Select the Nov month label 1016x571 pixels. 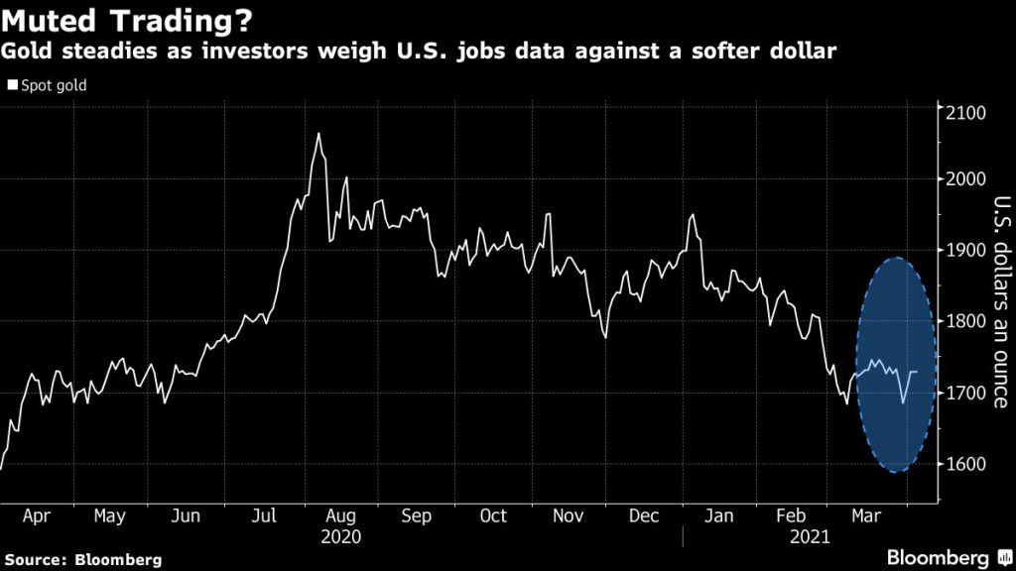click(569, 516)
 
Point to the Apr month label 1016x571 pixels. click(36, 516)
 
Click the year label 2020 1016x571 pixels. click(341, 536)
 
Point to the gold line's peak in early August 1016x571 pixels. click(318, 133)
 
